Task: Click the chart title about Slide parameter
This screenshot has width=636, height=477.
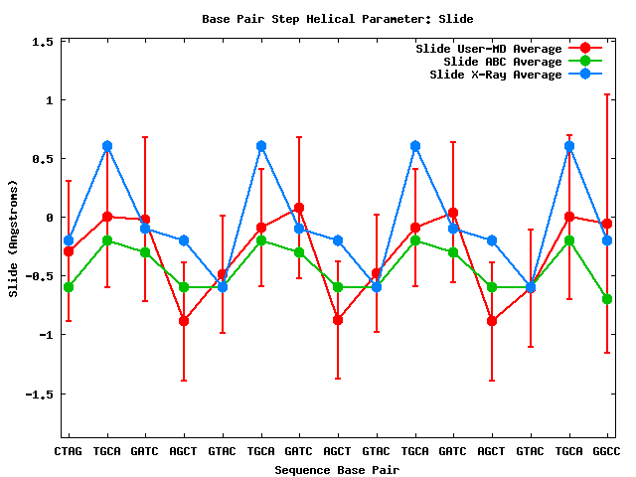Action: coord(337,19)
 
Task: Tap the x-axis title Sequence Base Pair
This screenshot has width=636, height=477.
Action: coord(337,469)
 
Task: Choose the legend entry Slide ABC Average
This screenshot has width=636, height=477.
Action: coord(503,62)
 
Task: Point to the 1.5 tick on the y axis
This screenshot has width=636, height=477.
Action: coord(41,42)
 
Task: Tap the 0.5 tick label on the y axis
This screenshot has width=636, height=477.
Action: coord(41,159)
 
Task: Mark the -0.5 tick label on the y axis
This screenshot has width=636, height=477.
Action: coord(38,276)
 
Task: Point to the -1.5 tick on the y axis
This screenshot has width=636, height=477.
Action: coord(38,394)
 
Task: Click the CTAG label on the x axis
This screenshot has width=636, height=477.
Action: coord(69,451)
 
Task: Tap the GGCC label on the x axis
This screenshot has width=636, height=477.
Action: coord(607,451)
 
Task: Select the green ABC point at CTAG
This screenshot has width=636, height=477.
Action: coord(69,287)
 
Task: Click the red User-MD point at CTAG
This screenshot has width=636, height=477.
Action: coord(69,251)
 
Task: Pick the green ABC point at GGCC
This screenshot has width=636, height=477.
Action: coord(607,299)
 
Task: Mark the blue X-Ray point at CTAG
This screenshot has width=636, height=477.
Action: coord(69,240)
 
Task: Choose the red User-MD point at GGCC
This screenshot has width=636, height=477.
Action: coord(607,224)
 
